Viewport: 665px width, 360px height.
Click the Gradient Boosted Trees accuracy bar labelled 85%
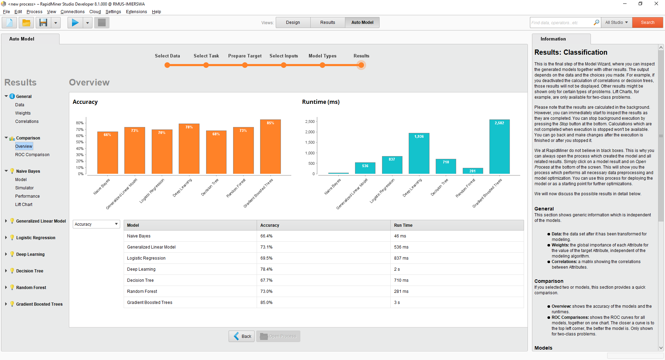point(270,147)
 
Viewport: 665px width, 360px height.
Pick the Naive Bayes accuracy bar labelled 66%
point(107,153)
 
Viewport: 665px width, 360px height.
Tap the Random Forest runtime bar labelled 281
point(472,171)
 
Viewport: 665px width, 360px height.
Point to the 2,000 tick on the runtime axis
point(310,132)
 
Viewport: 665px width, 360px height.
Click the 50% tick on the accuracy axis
point(80,142)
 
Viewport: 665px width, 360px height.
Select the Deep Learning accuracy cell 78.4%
point(266,269)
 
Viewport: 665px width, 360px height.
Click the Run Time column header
point(403,225)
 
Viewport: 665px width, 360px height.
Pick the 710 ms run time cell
point(401,280)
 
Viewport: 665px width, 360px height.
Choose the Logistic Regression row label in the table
point(146,258)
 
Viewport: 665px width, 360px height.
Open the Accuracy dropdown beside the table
point(96,224)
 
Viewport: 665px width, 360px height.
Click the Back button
point(242,336)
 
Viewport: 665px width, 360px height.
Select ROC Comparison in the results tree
point(32,155)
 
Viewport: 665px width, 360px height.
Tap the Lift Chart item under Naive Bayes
point(24,205)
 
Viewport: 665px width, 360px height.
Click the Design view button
point(293,22)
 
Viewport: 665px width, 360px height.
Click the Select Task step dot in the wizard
point(206,65)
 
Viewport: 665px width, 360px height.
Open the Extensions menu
point(136,12)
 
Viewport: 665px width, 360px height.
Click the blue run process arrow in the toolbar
point(75,23)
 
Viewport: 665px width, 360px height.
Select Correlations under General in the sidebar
point(27,121)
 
